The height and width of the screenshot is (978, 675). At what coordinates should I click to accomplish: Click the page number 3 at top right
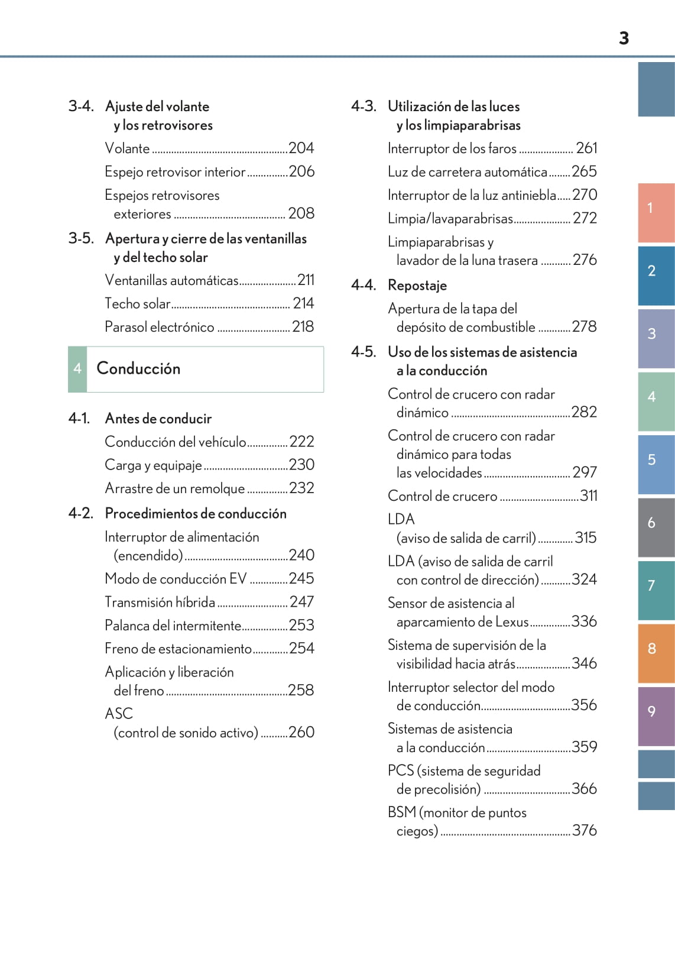tap(624, 38)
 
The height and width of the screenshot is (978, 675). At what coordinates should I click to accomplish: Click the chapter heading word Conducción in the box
tap(138, 368)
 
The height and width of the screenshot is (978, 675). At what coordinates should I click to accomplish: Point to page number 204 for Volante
tap(301, 148)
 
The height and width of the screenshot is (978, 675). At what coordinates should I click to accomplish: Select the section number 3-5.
tap(81, 238)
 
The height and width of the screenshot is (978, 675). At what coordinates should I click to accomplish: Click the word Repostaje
tap(417, 285)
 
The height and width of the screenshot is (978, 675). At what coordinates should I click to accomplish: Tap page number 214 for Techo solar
tap(303, 303)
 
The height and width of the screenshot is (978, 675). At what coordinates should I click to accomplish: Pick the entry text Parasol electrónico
tap(160, 327)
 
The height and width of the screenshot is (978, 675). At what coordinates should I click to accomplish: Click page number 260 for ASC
tap(301, 732)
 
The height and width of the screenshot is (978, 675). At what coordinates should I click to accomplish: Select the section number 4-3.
tap(364, 106)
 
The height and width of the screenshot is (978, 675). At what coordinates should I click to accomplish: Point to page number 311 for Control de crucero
tap(589, 496)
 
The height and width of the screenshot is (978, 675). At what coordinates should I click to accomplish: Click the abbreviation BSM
tap(402, 812)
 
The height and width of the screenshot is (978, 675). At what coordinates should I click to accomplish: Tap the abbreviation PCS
tap(401, 770)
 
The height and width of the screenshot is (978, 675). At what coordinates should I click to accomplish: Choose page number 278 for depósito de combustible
tap(584, 326)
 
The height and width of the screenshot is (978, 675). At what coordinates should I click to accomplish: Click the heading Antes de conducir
tap(158, 419)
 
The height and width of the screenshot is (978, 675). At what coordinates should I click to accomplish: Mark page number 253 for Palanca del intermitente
tap(301, 625)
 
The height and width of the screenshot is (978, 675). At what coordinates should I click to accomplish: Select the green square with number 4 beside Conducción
tap(77, 369)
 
